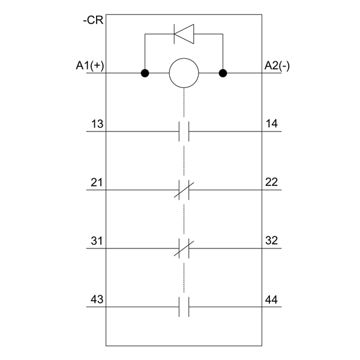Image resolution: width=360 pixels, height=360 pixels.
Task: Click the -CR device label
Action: pyautogui.click(x=93, y=20)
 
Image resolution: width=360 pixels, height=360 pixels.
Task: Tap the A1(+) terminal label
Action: pyautogui.click(x=90, y=65)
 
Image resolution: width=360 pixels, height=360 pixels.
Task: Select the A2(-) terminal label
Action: pyautogui.click(x=277, y=65)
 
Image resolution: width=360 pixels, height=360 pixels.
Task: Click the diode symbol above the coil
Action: pyautogui.click(x=184, y=34)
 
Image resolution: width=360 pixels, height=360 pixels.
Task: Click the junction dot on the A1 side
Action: pyautogui.click(x=145, y=73)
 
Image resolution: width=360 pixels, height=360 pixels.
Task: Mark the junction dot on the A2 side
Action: pyautogui.click(x=223, y=73)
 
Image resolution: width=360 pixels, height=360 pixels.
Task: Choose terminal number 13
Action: pyautogui.click(x=97, y=124)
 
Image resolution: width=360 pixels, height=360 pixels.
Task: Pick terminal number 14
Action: pyautogui.click(x=272, y=124)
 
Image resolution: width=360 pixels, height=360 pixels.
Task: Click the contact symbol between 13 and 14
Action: pyautogui.click(x=184, y=131)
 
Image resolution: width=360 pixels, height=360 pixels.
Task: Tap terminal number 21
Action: pyautogui.click(x=97, y=182)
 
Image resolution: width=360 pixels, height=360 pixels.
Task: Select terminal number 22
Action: pyautogui.click(x=272, y=182)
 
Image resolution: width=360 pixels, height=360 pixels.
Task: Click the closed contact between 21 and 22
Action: pyautogui.click(x=184, y=190)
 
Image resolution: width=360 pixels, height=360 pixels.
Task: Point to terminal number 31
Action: pyautogui.click(x=97, y=241)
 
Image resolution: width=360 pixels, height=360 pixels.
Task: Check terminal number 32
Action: pyautogui.click(x=272, y=241)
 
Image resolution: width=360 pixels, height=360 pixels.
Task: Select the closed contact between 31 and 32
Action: pyautogui.click(x=184, y=248)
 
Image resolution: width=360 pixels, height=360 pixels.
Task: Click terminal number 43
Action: pyautogui.click(x=97, y=299)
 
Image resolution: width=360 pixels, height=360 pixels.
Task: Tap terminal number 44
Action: pyautogui.click(x=271, y=300)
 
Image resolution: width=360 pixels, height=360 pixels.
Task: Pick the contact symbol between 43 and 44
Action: pyautogui.click(x=184, y=307)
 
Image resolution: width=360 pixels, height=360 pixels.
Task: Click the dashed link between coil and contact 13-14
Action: pyautogui.click(x=184, y=103)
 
